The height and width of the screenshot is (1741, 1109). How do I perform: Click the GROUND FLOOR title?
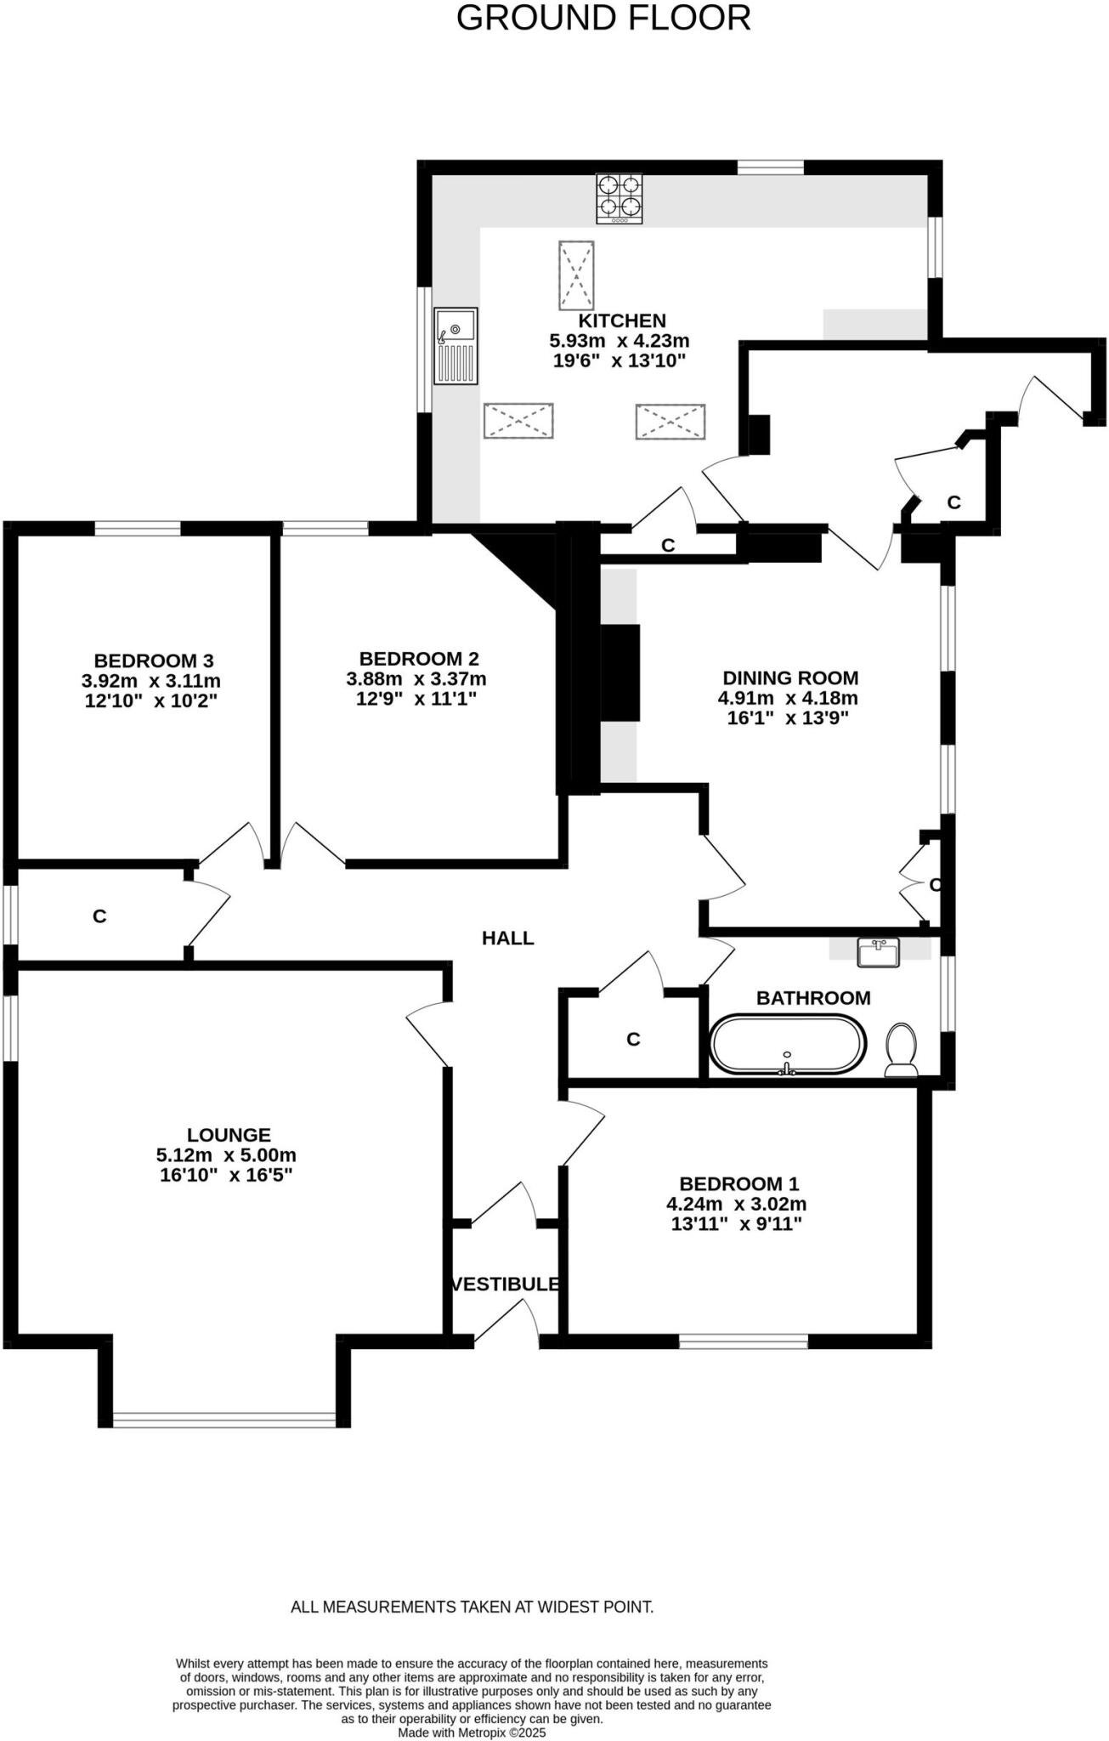pos(603,18)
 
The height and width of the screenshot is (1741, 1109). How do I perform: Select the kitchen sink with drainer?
pos(455,346)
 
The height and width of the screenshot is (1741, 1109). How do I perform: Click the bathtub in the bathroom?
pos(787,1044)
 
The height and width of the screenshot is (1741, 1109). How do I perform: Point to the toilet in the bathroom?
pos(901,1050)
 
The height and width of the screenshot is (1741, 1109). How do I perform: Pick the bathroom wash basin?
pos(878,952)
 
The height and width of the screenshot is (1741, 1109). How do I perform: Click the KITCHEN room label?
pos(622,320)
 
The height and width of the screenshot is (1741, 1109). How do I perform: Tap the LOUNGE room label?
pos(229,1134)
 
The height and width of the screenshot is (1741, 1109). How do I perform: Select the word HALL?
pos(508,938)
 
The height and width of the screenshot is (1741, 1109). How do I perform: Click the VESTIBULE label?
pos(506,1284)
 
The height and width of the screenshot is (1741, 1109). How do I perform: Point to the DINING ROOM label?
pos(790,678)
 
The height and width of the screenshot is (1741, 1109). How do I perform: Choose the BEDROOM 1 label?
pos(738,1183)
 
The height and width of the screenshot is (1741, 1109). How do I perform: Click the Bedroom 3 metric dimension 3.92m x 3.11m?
pos(151,681)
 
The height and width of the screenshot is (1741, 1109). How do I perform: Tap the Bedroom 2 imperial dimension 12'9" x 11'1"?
pos(416,699)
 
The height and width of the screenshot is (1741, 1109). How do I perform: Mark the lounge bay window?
pos(224,1419)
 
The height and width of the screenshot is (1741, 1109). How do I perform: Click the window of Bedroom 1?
pos(744,1341)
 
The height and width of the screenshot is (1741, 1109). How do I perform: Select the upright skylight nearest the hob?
pos(576,275)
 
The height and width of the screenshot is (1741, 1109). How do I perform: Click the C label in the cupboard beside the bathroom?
pos(633,1039)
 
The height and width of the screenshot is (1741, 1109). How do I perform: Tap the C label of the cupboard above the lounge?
pos(99,916)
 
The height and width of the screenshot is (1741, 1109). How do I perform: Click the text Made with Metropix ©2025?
pos(472,1732)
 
